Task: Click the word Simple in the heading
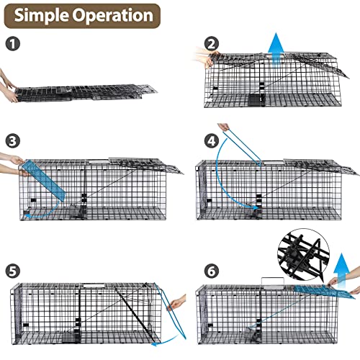(x=42, y=15)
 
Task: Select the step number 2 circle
(x=210, y=44)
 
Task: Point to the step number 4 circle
(x=210, y=140)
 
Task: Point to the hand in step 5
(x=174, y=305)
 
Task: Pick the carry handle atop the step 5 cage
(x=94, y=286)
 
